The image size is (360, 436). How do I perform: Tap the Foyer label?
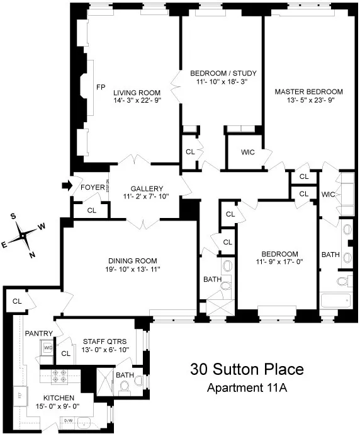pos(89,187)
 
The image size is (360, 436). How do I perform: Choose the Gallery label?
pos(147,188)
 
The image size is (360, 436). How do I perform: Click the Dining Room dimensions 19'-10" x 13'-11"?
pos(132,270)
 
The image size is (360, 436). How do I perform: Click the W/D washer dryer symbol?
pos(47,346)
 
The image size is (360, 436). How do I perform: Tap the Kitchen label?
pos(60,398)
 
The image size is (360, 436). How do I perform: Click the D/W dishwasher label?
pos(69,420)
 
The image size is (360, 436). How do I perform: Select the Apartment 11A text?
pos(247,387)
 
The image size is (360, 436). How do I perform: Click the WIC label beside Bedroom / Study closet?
pos(247,151)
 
